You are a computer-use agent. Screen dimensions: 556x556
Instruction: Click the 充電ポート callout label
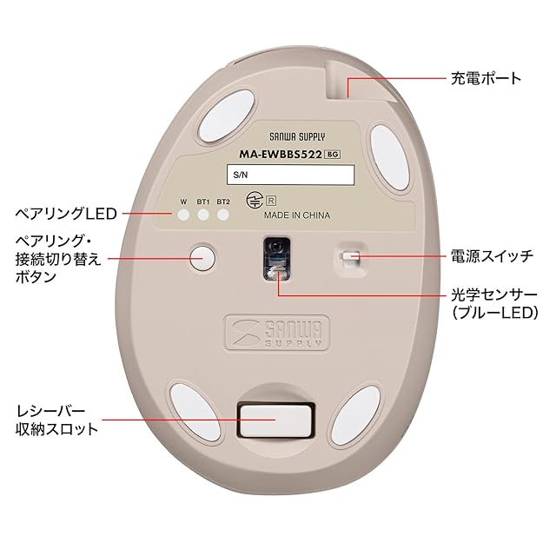click(x=486, y=78)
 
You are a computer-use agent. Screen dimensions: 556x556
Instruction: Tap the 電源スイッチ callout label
click(x=492, y=256)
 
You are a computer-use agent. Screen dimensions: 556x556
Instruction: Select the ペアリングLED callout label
click(x=66, y=214)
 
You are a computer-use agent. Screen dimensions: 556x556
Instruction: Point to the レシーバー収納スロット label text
click(x=56, y=420)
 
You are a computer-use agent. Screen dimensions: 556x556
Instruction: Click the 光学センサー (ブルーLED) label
click(x=494, y=304)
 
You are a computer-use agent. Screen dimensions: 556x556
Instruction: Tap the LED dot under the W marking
click(x=183, y=215)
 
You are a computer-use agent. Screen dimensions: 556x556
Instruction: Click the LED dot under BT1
click(x=203, y=215)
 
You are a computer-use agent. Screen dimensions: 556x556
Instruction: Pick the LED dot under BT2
click(x=223, y=215)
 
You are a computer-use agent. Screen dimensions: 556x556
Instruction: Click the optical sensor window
click(x=276, y=258)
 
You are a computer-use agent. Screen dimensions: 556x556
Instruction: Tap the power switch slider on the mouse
click(x=351, y=257)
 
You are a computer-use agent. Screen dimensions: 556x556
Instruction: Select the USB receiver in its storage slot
click(x=276, y=420)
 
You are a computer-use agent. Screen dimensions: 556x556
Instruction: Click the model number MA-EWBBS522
click(x=281, y=155)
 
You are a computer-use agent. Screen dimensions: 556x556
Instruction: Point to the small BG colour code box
click(x=333, y=155)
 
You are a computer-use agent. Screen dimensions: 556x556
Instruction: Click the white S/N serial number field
click(x=290, y=175)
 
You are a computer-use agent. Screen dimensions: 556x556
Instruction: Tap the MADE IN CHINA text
click(x=297, y=215)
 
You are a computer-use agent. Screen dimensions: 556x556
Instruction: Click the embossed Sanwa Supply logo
click(x=277, y=333)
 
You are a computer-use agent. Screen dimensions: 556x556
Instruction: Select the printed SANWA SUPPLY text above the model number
click(x=297, y=137)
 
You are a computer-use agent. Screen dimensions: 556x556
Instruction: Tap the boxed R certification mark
click(x=271, y=201)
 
